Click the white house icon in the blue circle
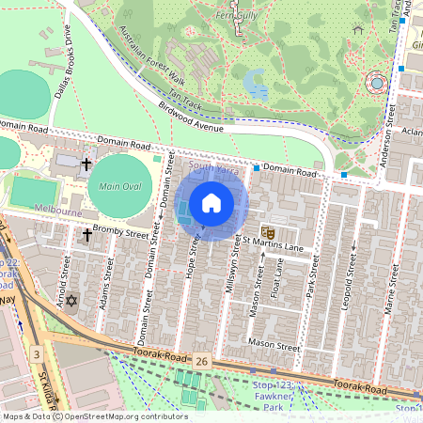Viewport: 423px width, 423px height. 211,203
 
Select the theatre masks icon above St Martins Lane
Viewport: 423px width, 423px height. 267,228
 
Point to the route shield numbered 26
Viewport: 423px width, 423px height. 202,360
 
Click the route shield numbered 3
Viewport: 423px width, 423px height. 36,353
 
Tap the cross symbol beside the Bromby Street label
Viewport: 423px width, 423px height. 86,234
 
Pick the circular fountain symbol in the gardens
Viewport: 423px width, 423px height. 378,83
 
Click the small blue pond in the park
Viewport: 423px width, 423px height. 255,85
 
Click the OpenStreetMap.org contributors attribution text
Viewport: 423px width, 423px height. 119,416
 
